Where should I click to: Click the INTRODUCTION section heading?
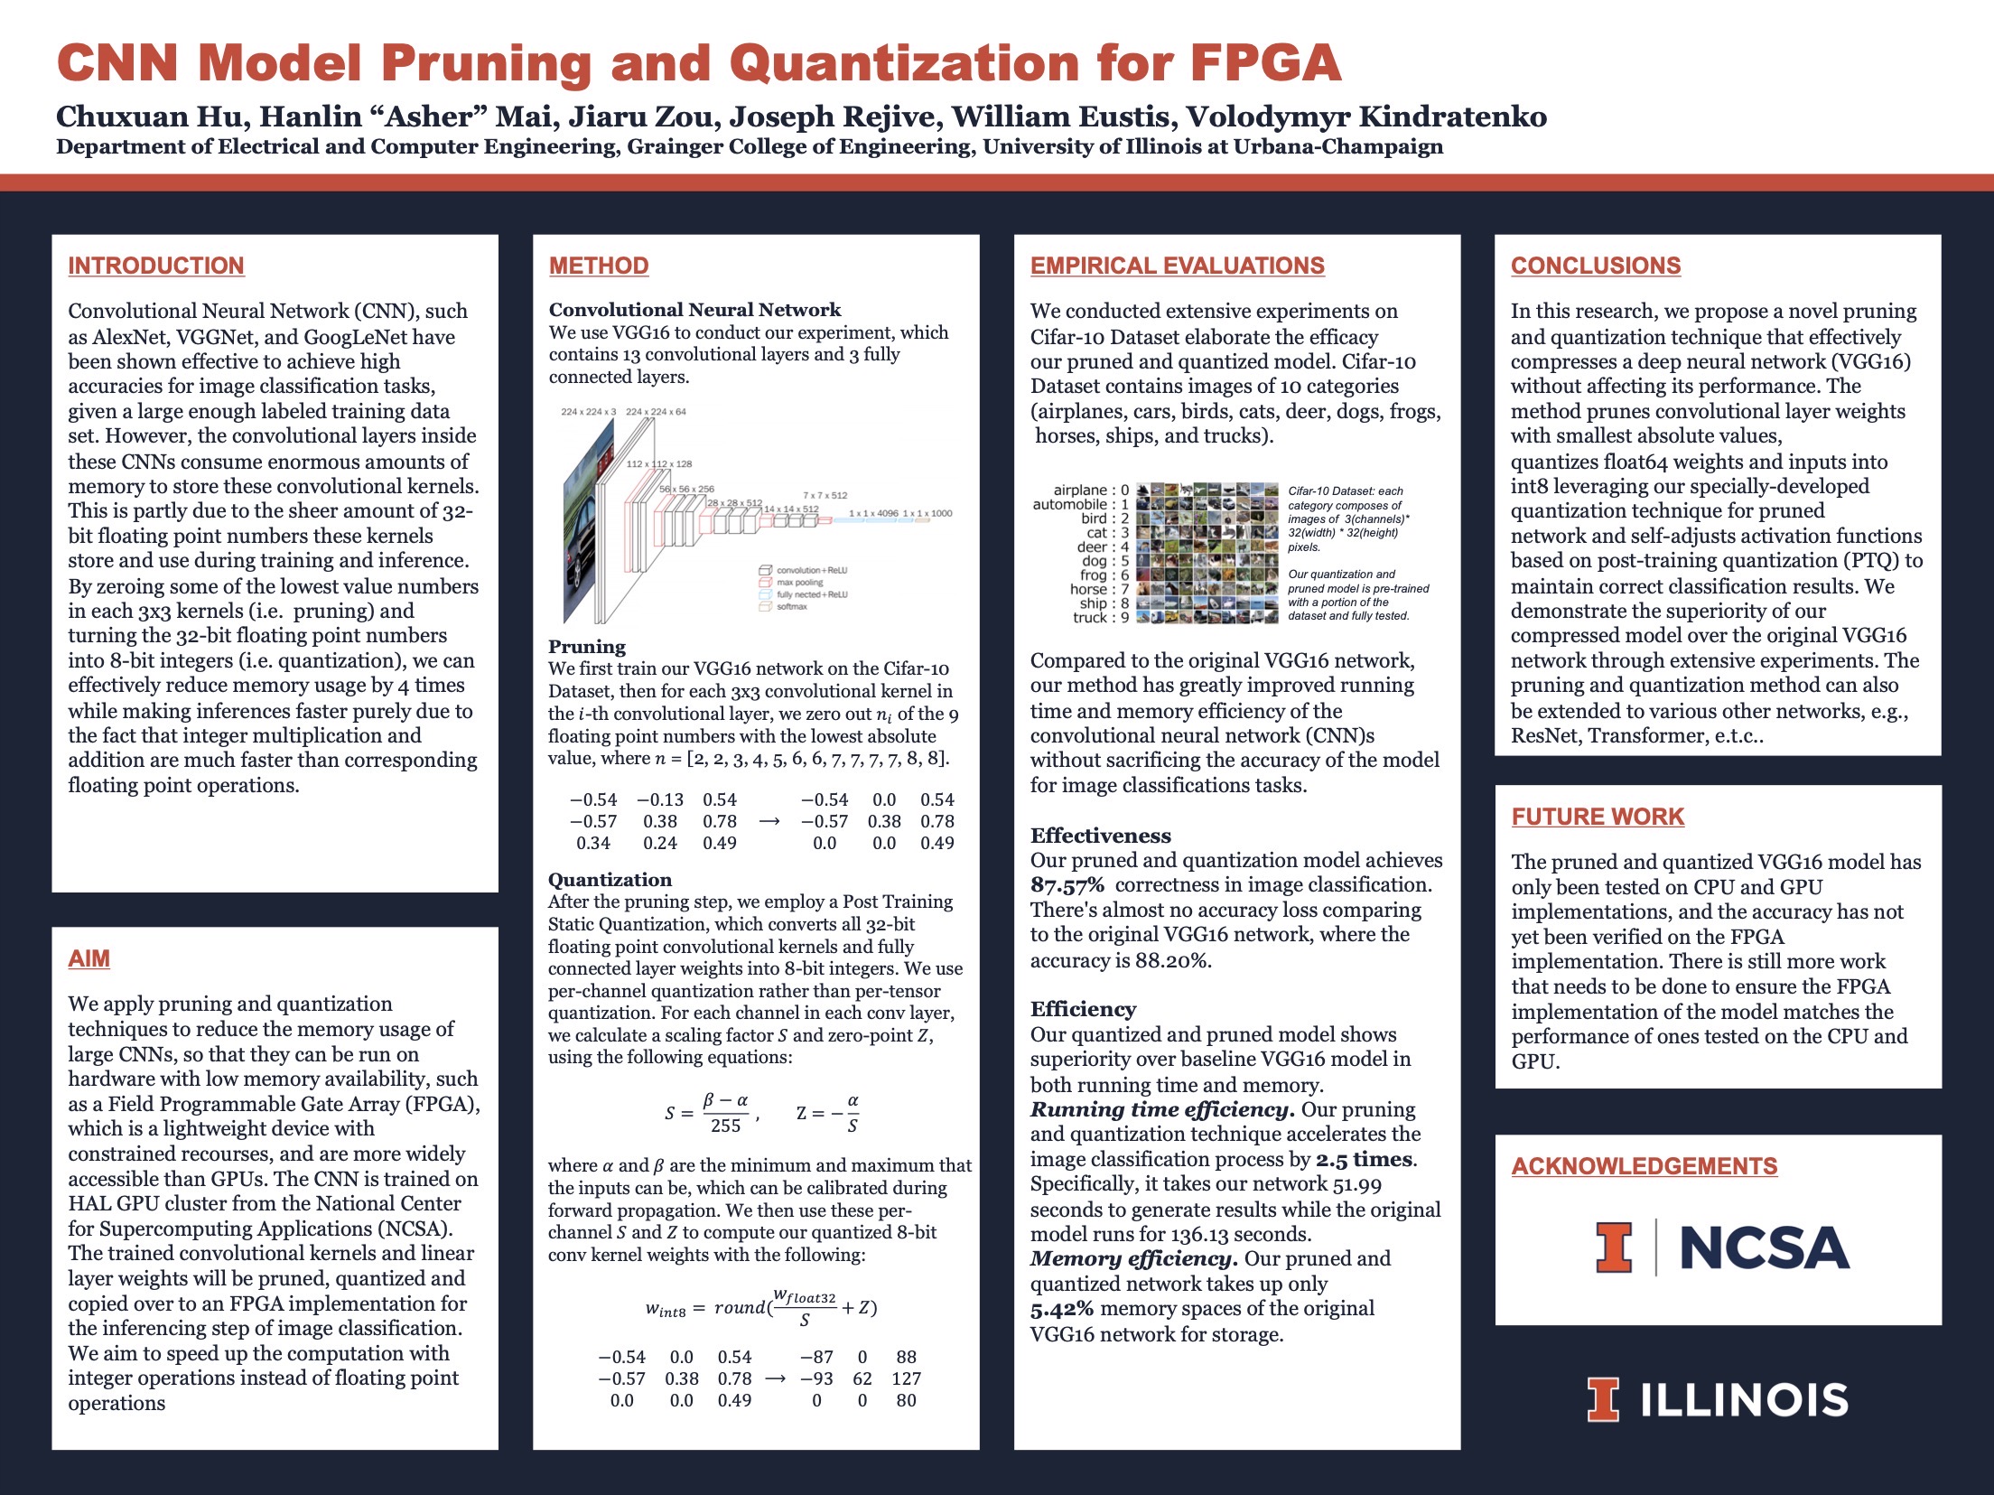156,266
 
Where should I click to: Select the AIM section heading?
89,958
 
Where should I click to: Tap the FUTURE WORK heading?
1598,817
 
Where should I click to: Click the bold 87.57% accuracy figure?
1067,885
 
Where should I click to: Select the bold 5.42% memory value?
1061,1309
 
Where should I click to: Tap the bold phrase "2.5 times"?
1365,1159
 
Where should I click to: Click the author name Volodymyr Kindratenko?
1365,117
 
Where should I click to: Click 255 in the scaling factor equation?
725,1126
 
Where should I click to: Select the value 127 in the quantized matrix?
906,1378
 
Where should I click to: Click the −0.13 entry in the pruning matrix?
660,799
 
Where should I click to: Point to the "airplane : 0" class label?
1091,491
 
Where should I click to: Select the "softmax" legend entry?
791,607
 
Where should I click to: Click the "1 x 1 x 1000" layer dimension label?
927,513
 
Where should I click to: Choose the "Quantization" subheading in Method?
610,880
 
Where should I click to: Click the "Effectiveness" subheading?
1100,836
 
